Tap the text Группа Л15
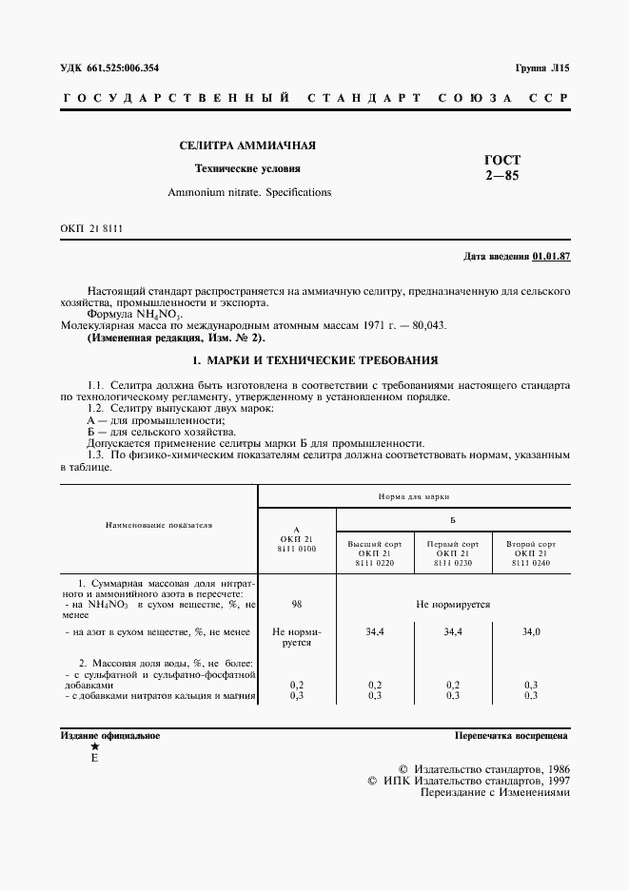541,68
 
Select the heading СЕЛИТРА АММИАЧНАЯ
248,145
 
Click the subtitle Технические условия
247,168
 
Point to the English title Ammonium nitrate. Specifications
250,192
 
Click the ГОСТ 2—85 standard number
502,167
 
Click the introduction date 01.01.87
552,257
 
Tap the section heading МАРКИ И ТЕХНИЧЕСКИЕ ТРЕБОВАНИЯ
314,360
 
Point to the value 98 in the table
297,604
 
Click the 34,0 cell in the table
530,630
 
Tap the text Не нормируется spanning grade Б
453,604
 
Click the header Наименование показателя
160,524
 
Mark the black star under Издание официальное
93,747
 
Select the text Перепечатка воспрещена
512,735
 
